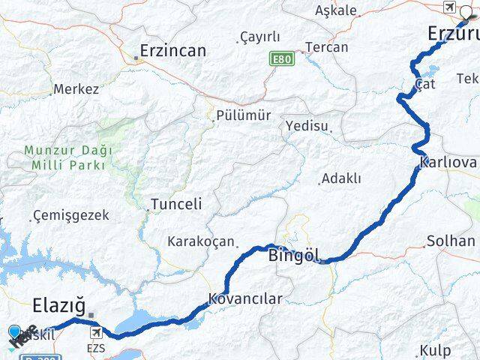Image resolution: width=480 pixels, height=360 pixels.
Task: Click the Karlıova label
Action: tap(448, 162)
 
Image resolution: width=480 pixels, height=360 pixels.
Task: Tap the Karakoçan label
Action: tap(201, 241)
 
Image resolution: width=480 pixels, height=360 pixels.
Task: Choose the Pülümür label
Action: tap(242, 115)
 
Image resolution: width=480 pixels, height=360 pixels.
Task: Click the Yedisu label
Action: tap(306, 126)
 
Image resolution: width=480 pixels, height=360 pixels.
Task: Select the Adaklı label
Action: tap(341, 178)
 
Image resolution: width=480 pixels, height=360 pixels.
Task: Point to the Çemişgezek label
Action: tap(71, 215)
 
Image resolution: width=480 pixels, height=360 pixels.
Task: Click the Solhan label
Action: tap(451, 241)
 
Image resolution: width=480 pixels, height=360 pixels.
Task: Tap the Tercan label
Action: tap(327, 47)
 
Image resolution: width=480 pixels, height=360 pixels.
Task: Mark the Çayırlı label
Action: tap(259, 37)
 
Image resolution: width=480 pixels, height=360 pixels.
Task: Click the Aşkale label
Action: tap(336, 10)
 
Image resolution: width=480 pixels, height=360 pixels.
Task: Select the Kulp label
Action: tap(436, 350)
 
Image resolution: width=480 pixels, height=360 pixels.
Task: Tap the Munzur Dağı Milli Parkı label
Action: tap(68, 157)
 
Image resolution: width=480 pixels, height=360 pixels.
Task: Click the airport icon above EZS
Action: tap(96, 332)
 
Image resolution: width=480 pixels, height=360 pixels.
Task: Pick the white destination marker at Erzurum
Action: tap(466, 10)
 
